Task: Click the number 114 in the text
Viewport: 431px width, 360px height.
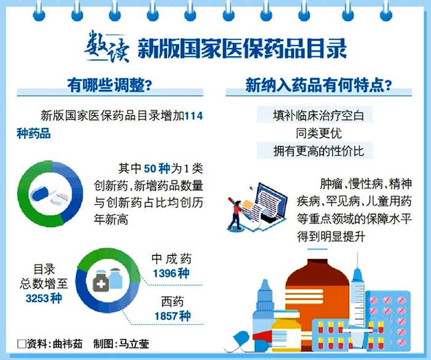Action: tap(193, 116)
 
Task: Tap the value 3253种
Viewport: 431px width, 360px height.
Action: tap(44, 298)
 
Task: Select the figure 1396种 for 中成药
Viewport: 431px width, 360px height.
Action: tap(171, 273)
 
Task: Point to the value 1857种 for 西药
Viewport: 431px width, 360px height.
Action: tap(172, 316)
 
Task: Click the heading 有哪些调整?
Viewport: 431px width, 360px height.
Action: tap(110, 85)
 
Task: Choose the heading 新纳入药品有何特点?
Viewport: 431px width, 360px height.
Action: tap(318, 85)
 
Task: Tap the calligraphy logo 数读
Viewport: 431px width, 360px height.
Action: tap(107, 47)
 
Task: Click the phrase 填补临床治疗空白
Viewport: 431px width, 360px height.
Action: tap(318, 116)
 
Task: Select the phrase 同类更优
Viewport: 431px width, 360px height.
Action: tap(318, 134)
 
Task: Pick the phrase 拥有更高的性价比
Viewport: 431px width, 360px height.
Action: tap(318, 151)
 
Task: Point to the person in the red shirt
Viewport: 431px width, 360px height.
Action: tap(236, 214)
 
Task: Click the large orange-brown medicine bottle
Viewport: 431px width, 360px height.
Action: tap(317, 291)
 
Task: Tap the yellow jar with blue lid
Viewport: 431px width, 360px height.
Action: tap(286, 330)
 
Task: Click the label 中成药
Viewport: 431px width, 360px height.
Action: tap(171, 258)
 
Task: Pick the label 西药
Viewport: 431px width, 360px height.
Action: tap(172, 302)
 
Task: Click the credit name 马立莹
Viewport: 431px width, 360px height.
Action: tap(134, 344)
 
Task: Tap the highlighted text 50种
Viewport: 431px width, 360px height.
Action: tap(157, 169)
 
